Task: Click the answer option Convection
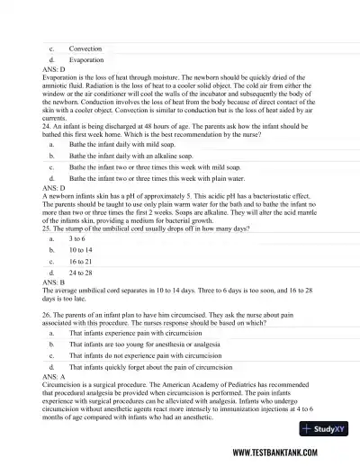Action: pos(85,49)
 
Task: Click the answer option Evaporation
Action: pos(86,60)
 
